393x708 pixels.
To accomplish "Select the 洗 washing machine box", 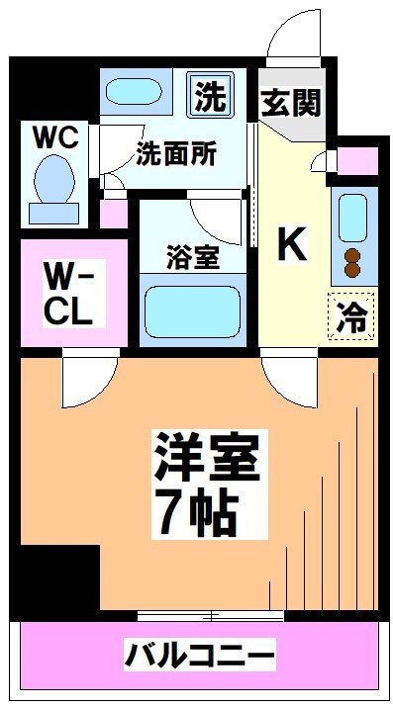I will tap(209, 96).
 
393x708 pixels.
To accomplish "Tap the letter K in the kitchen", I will tap(291, 243).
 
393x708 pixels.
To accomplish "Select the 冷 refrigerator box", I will tap(351, 316).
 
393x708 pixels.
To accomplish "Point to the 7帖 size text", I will tap(195, 511).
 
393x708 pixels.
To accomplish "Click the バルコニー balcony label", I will tap(198, 655).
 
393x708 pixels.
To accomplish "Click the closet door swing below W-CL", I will tap(89, 380).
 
